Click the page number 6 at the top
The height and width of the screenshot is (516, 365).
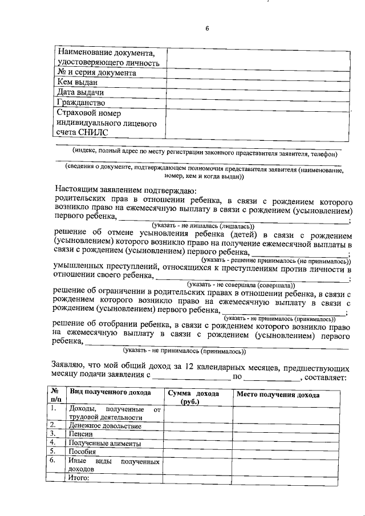[x=208, y=30]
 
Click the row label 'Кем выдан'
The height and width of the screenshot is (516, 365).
[x=74, y=83]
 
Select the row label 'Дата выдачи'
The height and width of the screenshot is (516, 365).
[x=80, y=92]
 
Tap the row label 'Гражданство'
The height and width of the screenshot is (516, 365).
[x=81, y=103]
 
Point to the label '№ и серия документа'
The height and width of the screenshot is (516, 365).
[x=96, y=73]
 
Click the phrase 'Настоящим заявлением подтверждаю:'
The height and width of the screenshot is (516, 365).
[x=125, y=190]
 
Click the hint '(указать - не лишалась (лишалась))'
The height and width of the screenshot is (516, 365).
[x=196, y=226]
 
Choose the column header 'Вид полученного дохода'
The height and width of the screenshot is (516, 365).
[x=110, y=393]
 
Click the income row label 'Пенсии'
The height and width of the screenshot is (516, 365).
[x=80, y=434]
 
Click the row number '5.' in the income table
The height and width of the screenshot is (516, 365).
[x=53, y=451]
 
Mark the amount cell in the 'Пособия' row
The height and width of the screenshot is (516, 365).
[x=197, y=451]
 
